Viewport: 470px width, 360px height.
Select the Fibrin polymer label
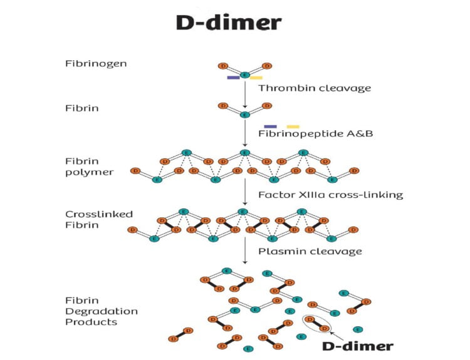pos(90,166)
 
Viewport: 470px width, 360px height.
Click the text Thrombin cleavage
pos(315,88)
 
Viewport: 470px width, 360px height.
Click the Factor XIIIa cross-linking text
pos(330,195)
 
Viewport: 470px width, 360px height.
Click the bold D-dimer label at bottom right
pos(355,346)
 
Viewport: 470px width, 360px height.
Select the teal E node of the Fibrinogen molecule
pos(244,74)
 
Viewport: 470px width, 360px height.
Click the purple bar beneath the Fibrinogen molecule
pos(233,78)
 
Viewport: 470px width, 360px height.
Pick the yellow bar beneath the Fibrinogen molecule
pos(256,78)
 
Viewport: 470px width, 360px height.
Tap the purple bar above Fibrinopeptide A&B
pos(270,126)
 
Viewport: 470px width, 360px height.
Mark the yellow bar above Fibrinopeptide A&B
pos(293,126)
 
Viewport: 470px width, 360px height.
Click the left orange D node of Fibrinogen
pos(222,65)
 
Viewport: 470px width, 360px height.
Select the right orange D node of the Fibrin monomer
pos(267,106)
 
